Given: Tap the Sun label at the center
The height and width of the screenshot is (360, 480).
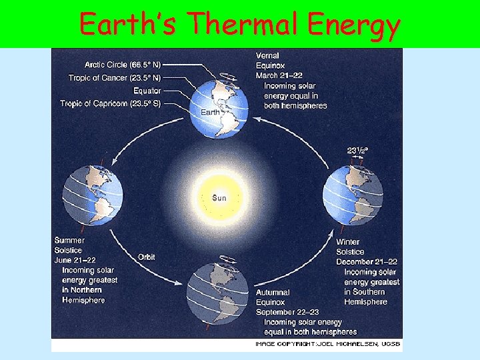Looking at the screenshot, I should [219, 197].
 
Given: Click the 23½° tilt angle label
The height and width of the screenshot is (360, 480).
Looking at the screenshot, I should [357, 151].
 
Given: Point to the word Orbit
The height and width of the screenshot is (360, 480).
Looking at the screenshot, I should [147, 257].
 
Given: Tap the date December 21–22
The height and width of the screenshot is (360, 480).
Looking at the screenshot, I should [367, 262].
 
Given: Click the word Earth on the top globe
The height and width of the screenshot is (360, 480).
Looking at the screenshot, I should [210, 113].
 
